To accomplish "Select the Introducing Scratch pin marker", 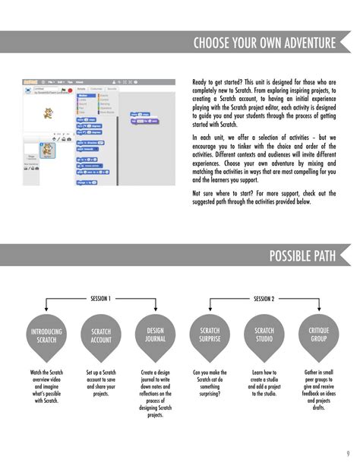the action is coord(47,337).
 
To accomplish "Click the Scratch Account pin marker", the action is coord(101,337).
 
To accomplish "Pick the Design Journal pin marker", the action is coord(156,335).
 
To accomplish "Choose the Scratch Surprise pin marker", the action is coord(209,335).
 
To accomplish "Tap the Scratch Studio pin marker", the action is coord(264,335).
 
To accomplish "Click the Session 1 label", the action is coord(101,299).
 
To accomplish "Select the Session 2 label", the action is coord(264,299).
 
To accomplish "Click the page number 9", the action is coord(348,454).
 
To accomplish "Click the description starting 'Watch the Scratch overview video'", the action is coord(47,386).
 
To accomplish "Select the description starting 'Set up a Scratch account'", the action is coord(101,382).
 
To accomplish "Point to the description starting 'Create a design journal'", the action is coord(156,394).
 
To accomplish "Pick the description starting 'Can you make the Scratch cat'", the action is coord(209,382).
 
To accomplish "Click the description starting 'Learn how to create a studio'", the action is coord(264,382).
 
